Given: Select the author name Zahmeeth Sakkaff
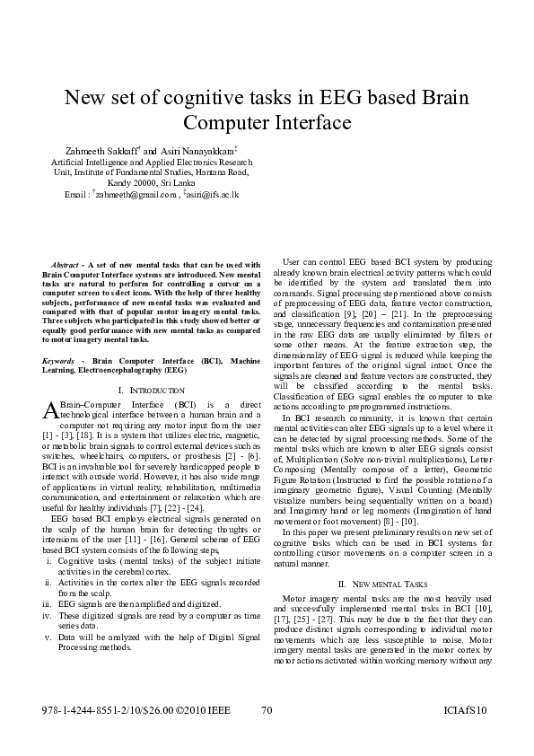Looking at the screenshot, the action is [x=101, y=149].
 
